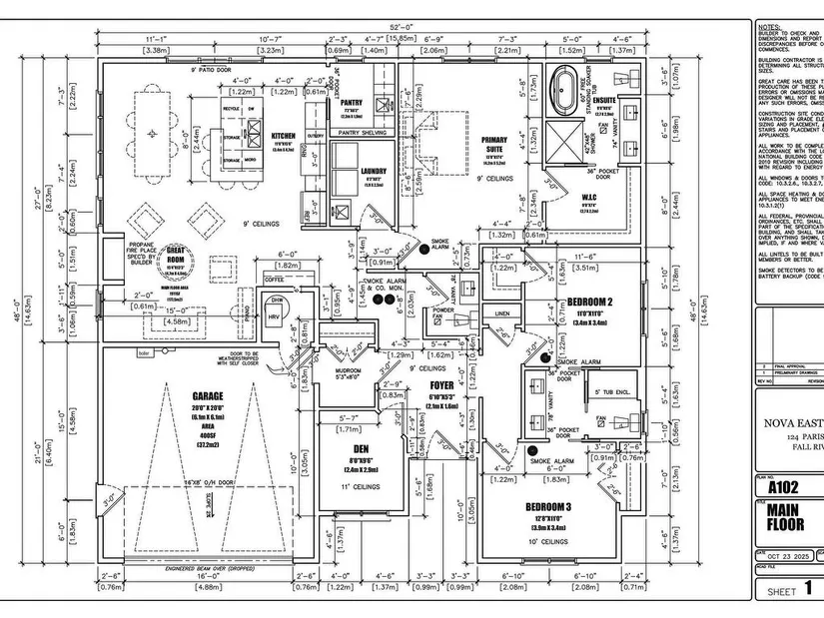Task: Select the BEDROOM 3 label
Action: click(549, 507)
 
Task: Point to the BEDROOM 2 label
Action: click(589, 302)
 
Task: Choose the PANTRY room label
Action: click(350, 102)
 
